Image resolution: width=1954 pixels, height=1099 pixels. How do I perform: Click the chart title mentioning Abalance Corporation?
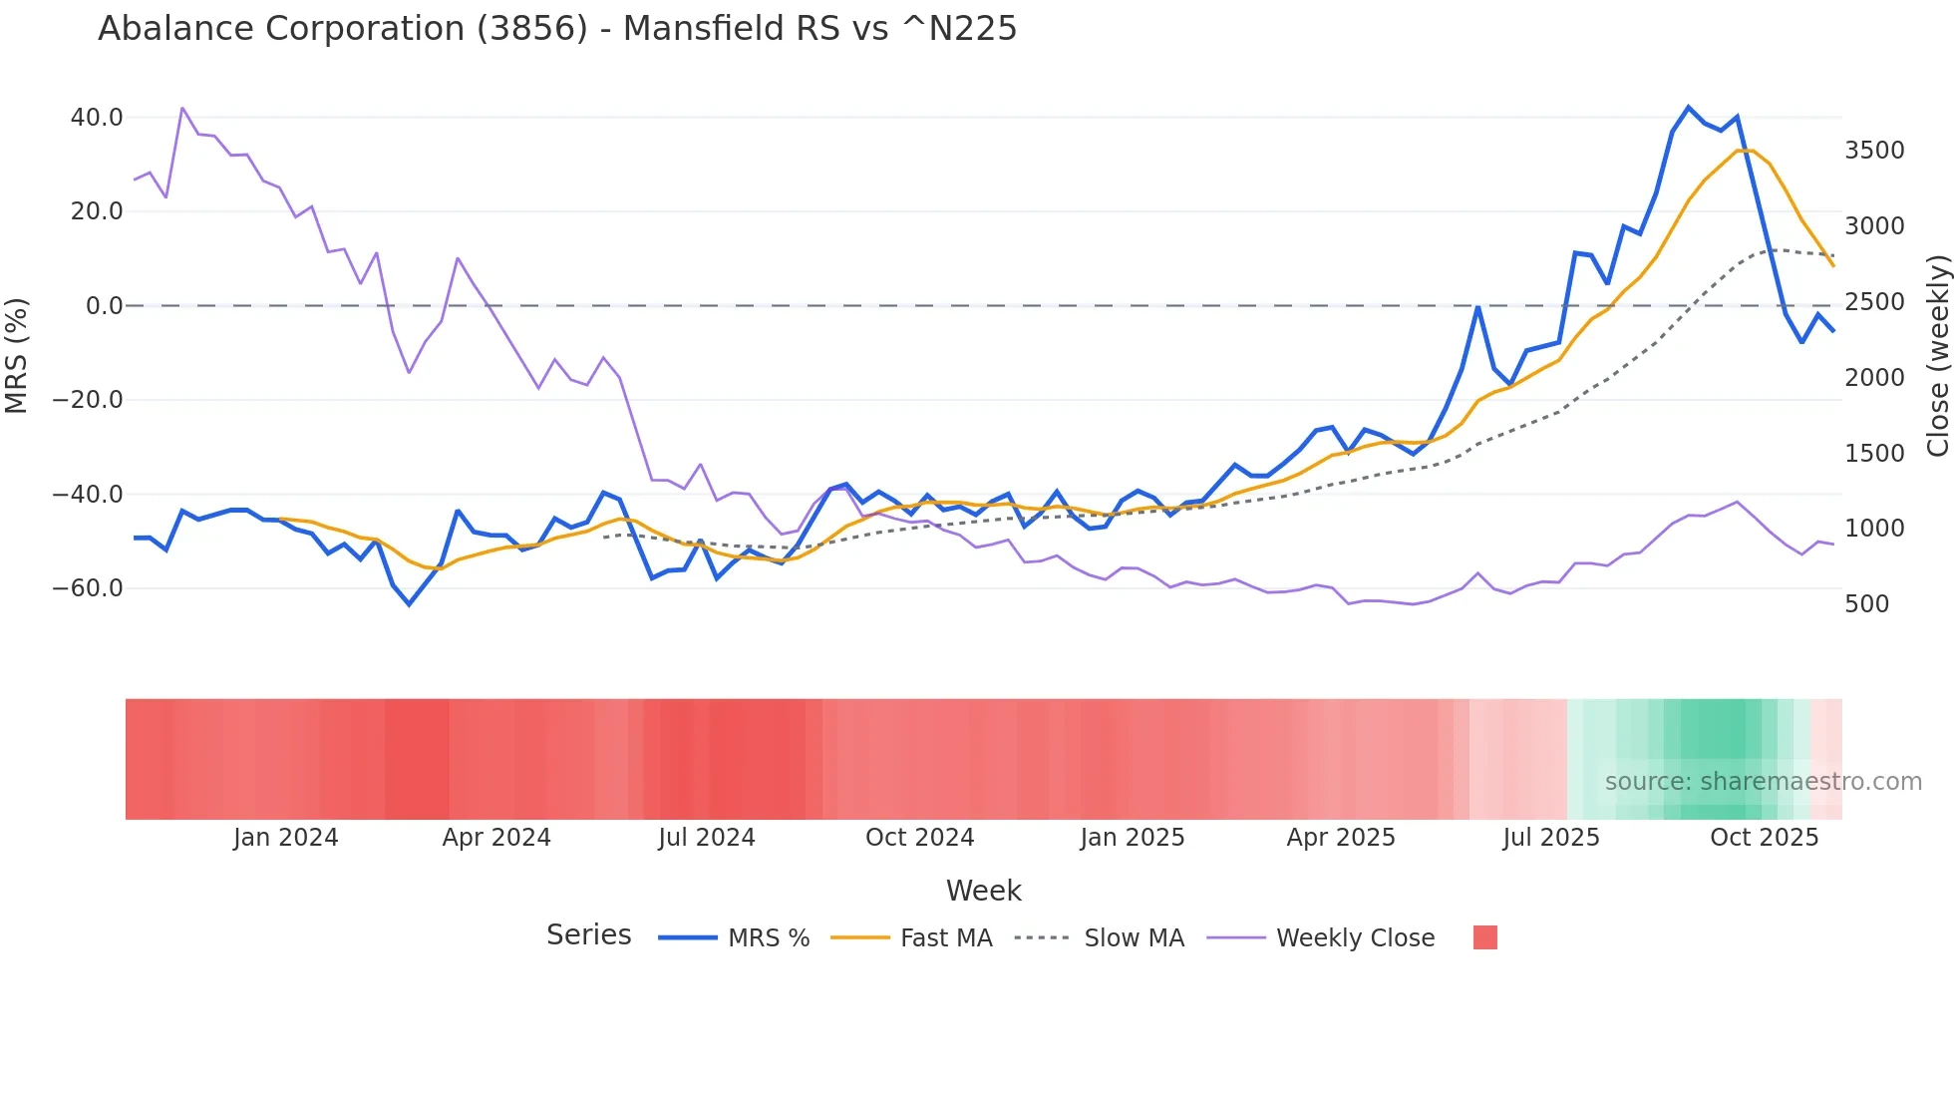[x=557, y=29]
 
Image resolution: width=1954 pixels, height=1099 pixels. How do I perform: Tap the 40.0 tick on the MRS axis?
[x=97, y=118]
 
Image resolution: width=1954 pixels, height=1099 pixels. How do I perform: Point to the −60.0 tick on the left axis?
[x=88, y=588]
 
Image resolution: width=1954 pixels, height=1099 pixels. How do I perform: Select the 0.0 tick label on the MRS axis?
[x=104, y=306]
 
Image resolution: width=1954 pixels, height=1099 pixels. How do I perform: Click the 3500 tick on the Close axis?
[x=1874, y=151]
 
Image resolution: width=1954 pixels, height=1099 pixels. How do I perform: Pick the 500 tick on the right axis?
[x=1866, y=604]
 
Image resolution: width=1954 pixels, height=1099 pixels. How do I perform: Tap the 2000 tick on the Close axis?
[x=1874, y=378]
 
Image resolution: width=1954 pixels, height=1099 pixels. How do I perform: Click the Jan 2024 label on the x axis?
[x=285, y=838]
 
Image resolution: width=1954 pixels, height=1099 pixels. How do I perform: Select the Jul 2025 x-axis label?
[x=1550, y=838]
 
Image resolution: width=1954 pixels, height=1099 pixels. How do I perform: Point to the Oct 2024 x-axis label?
[x=919, y=838]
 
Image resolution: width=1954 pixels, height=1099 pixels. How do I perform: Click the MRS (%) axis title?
[x=17, y=355]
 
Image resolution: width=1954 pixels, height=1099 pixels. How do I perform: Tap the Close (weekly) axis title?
[x=1937, y=355]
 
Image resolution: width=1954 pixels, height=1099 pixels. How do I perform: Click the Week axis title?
[x=983, y=891]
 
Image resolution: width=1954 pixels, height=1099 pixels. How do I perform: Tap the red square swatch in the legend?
[x=1484, y=937]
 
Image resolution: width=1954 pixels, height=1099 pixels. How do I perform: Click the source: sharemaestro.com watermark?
[x=1763, y=782]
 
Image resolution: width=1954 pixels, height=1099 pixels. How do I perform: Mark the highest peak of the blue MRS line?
[x=1688, y=107]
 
